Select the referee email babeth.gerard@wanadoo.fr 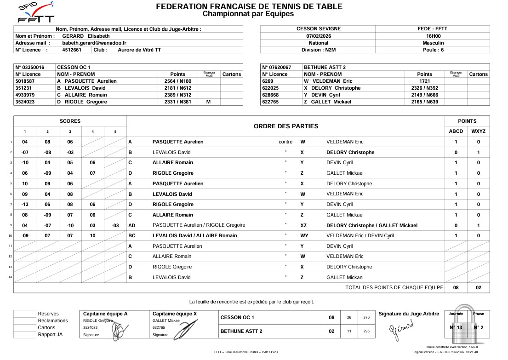click(x=94, y=43)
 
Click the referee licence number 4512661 click(x=72, y=50)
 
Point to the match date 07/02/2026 click(x=318, y=36)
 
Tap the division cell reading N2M click(x=318, y=50)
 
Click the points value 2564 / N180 click(x=177, y=81)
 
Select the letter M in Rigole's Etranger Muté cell click(x=209, y=102)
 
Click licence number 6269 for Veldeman click(x=268, y=81)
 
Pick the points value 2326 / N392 click(x=424, y=88)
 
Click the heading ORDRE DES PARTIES click(x=285, y=126)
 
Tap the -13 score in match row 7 click(x=25, y=204)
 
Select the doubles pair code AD click(x=131, y=225)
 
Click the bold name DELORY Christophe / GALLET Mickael click(x=371, y=225)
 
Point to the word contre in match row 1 click(x=285, y=142)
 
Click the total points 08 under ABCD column click(x=456, y=287)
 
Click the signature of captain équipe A click(x=118, y=330)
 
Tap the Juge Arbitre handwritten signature click(x=401, y=328)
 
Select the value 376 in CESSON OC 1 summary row click(x=366, y=317)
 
